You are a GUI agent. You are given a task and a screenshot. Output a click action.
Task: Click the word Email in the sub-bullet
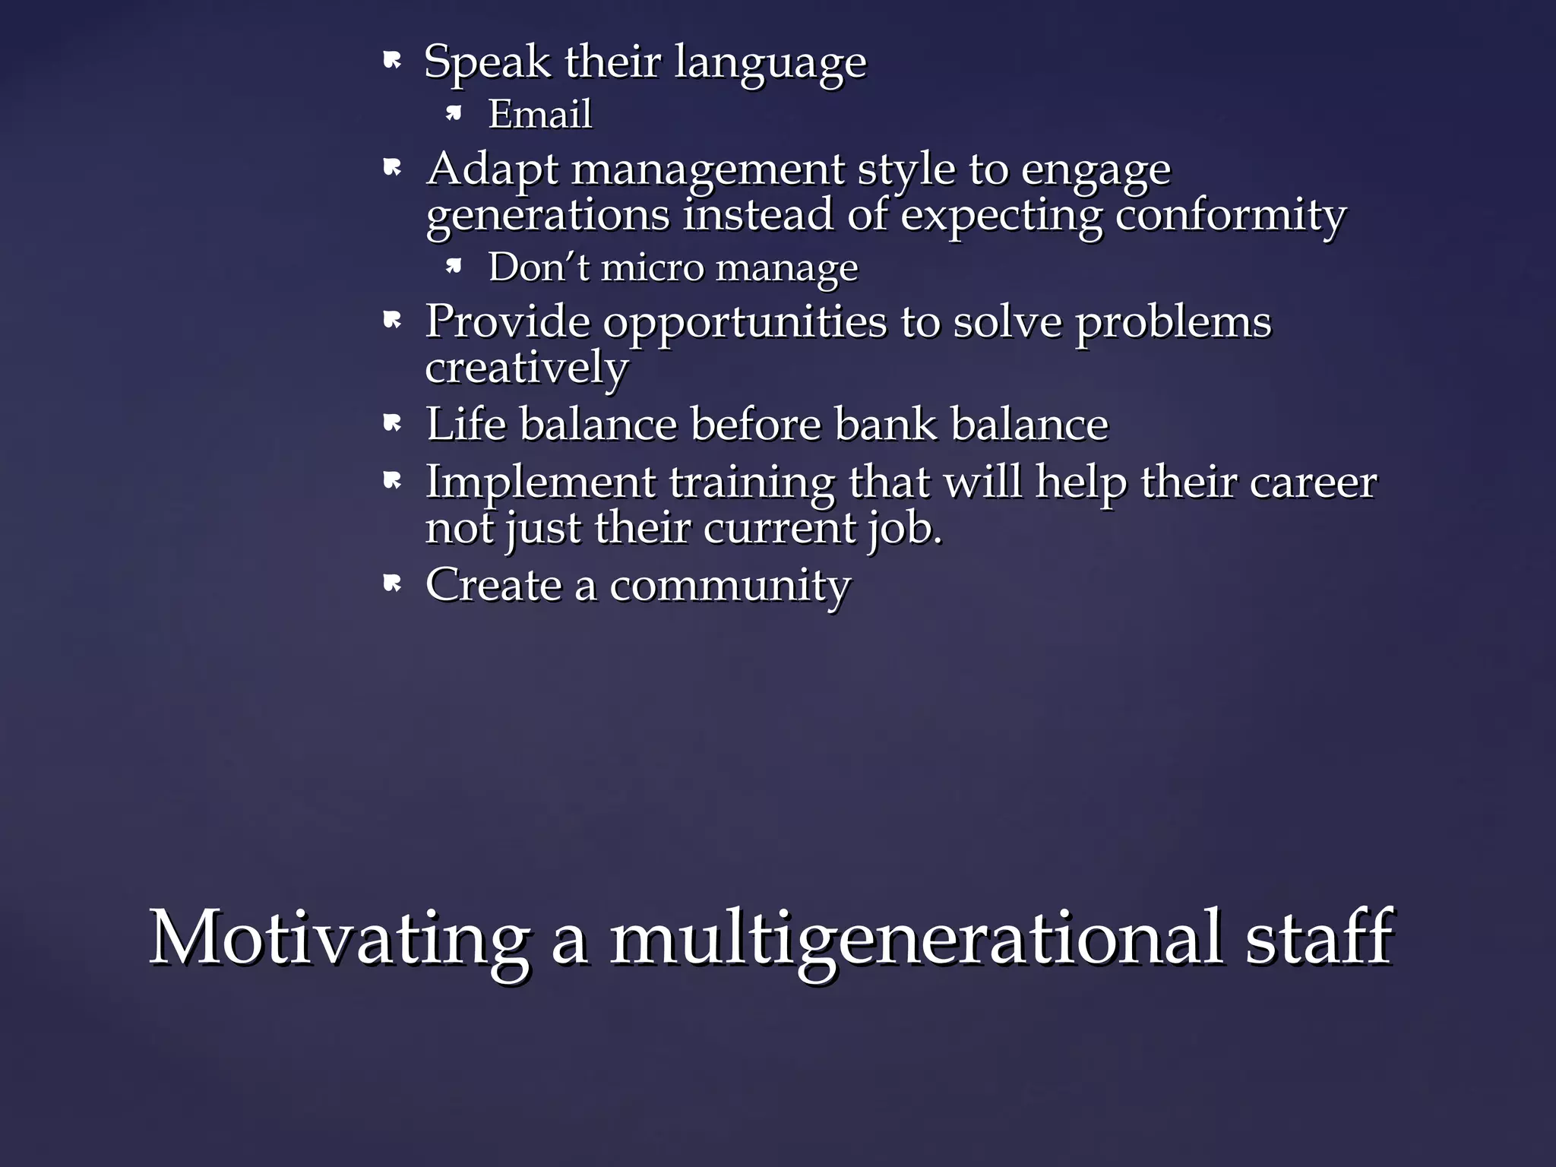click(539, 115)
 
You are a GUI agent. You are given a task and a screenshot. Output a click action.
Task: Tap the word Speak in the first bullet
click(487, 62)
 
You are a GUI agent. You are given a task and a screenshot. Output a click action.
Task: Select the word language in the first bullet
click(770, 63)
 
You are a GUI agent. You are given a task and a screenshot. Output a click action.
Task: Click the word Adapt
click(492, 169)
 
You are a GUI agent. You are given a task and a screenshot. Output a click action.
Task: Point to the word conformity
click(1230, 215)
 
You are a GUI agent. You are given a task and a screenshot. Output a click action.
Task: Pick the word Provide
click(507, 321)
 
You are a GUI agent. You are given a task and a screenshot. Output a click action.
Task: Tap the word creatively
click(527, 368)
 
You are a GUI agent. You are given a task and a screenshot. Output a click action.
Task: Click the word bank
click(885, 423)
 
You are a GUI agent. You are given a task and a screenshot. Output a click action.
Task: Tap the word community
click(729, 586)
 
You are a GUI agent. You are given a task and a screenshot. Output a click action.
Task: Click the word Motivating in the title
click(339, 938)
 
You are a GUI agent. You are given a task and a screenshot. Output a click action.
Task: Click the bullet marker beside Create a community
click(392, 583)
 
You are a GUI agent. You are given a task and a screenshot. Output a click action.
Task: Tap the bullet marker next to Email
click(454, 114)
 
